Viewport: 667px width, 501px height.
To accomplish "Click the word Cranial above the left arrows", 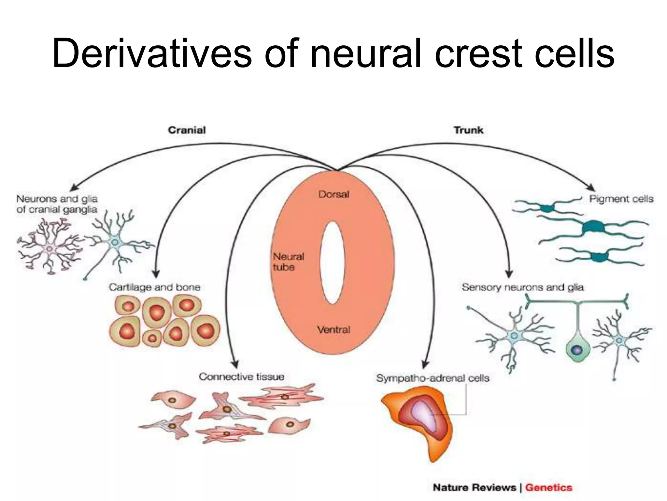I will click(x=187, y=130).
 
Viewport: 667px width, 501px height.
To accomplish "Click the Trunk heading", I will click(x=468, y=130).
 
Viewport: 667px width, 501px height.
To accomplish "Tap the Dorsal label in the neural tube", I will click(x=333, y=194).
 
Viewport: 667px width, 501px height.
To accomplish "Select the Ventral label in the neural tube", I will click(x=333, y=330).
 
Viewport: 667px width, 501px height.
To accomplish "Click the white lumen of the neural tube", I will click(x=332, y=263).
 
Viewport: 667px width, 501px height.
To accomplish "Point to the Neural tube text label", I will click(x=288, y=262).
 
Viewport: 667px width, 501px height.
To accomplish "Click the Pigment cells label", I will click(x=621, y=199).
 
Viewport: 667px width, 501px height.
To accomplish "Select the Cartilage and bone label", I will click(x=154, y=287).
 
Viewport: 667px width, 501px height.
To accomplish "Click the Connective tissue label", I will click(x=241, y=377).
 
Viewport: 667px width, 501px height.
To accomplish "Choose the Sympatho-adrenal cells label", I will click(x=433, y=378).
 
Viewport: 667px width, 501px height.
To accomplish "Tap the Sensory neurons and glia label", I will click(x=522, y=287).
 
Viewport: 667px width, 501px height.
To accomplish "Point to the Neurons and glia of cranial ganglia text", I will click(x=57, y=204).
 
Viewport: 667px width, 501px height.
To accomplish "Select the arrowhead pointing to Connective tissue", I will click(x=235, y=365).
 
